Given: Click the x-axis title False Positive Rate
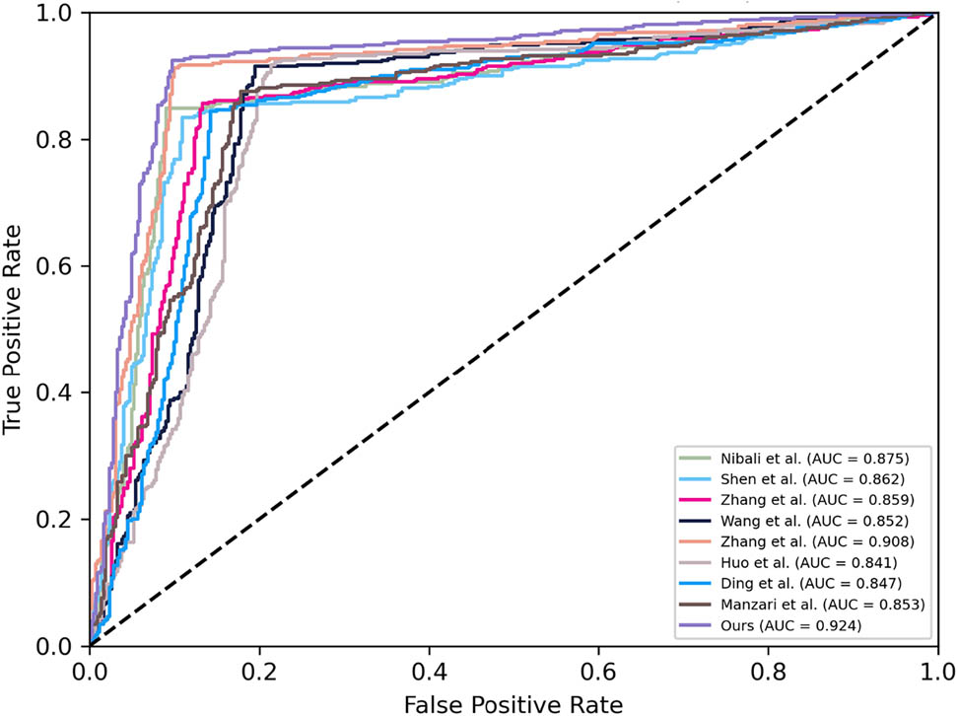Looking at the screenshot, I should pyautogui.click(x=512, y=703).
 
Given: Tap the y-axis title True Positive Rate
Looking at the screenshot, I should pyautogui.click(x=14, y=329).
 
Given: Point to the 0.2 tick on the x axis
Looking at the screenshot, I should pyautogui.click(x=259, y=669).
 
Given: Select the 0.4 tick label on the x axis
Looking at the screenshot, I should pyautogui.click(x=428, y=669).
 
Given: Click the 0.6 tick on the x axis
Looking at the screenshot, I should pyautogui.click(x=596, y=669).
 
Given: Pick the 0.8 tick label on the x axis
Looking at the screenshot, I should pyautogui.click(x=766, y=669).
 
